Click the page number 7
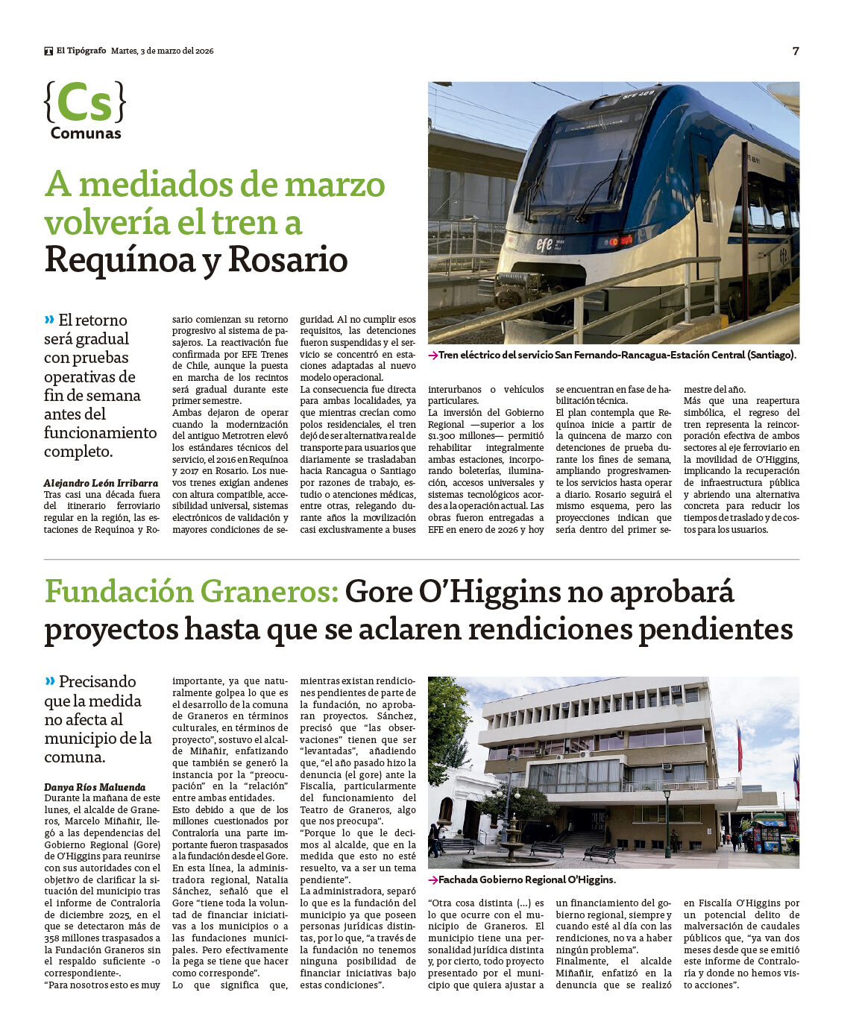point(796,51)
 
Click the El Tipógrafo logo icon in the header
point(48,51)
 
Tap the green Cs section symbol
point(84,103)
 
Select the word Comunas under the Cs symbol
point(86,133)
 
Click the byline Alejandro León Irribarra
point(101,483)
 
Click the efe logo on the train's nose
point(545,244)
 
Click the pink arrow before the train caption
point(432,356)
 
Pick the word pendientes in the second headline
point(715,630)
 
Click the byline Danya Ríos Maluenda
point(95,786)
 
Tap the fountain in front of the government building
point(512,850)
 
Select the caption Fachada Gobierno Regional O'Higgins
point(526,879)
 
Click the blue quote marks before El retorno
point(49,320)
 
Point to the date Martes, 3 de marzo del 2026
point(163,51)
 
